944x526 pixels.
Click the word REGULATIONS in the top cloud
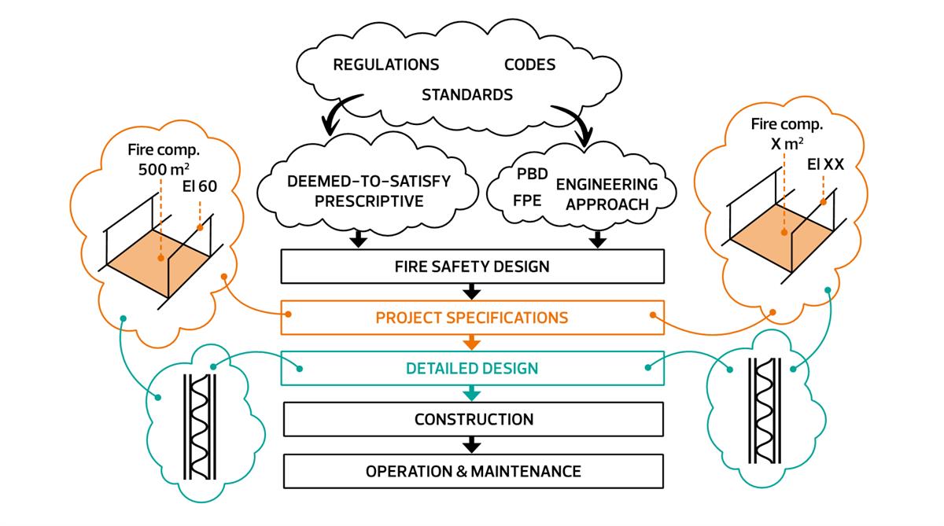pyautogui.click(x=385, y=64)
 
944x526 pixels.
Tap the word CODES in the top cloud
pyautogui.click(x=529, y=64)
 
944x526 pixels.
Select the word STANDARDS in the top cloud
pyautogui.click(x=467, y=95)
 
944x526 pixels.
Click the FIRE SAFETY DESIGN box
pyautogui.click(x=471, y=267)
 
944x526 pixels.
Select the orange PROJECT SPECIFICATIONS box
pyautogui.click(x=471, y=317)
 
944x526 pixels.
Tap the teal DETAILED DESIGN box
pyautogui.click(x=471, y=368)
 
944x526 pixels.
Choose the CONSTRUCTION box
pyautogui.click(x=471, y=419)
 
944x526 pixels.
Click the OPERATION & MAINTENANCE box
pyautogui.click(x=471, y=471)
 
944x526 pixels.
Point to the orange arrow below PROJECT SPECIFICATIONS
pyautogui.click(x=471, y=342)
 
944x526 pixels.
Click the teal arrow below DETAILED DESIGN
pyautogui.click(x=471, y=393)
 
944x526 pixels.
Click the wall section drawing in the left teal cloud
pyautogui.click(x=199, y=425)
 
